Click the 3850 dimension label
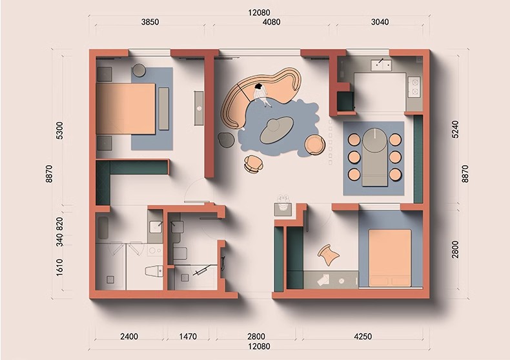point(150,22)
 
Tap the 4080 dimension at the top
point(271,22)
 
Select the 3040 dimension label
point(380,22)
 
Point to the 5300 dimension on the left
point(59,130)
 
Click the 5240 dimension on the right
point(455,129)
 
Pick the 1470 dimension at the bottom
point(188,336)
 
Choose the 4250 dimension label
point(363,336)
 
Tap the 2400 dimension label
point(129,336)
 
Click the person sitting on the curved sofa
point(261,94)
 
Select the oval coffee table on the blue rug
point(277,129)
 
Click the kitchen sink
point(381,65)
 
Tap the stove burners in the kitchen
point(414,86)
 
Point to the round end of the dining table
point(375,140)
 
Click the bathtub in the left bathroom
point(103,228)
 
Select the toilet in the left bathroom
point(154,272)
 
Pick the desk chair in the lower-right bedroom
point(329,255)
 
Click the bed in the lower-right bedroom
point(390,257)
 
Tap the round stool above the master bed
point(139,70)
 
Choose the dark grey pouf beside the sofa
point(226,139)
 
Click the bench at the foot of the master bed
point(163,108)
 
